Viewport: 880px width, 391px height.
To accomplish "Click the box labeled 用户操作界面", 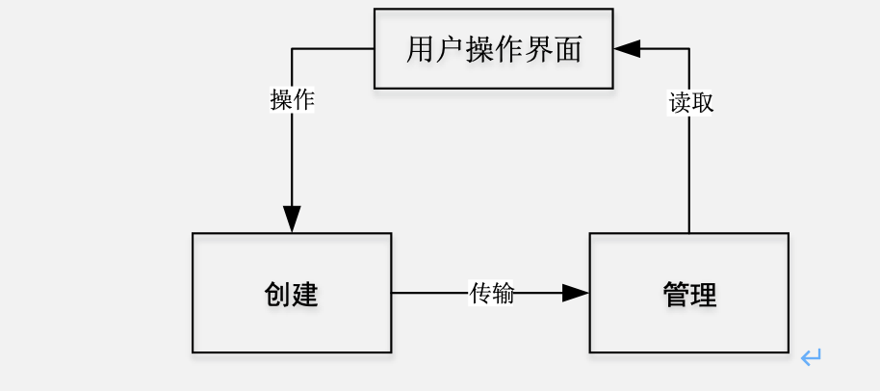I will pyautogui.click(x=493, y=48).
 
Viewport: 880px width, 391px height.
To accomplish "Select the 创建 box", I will pyautogui.click(x=292, y=293).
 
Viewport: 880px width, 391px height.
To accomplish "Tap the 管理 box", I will pyautogui.click(x=689, y=293).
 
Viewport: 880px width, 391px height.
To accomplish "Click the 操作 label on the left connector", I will pyautogui.click(x=292, y=100).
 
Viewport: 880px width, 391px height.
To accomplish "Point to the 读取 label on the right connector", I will pyautogui.click(x=690, y=103).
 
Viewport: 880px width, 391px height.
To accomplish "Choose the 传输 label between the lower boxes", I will pyautogui.click(x=491, y=293).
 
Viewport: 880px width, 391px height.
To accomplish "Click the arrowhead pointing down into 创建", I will pyautogui.click(x=292, y=220).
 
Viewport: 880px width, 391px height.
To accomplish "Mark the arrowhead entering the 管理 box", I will pyautogui.click(x=576, y=293).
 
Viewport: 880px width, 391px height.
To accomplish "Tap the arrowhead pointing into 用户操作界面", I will pyautogui.click(x=627, y=48).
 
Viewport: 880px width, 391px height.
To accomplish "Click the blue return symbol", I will pyautogui.click(x=811, y=358).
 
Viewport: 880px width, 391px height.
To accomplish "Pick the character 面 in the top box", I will pyautogui.click(x=568, y=49).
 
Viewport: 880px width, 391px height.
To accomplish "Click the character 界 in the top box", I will pyautogui.click(x=538, y=49).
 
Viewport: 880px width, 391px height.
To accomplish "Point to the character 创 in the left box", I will pyautogui.click(x=277, y=294).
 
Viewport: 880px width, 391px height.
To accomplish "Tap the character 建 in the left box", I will pyautogui.click(x=305, y=294).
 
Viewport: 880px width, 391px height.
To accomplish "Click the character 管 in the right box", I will pyautogui.click(x=676, y=294).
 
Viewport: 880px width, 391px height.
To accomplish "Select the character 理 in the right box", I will pyautogui.click(x=704, y=294).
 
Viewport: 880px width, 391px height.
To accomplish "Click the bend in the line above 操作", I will pyautogui.click(x=292, y=48).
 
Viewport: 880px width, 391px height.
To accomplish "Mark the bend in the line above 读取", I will pyautogui.click(x=689, y=48).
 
